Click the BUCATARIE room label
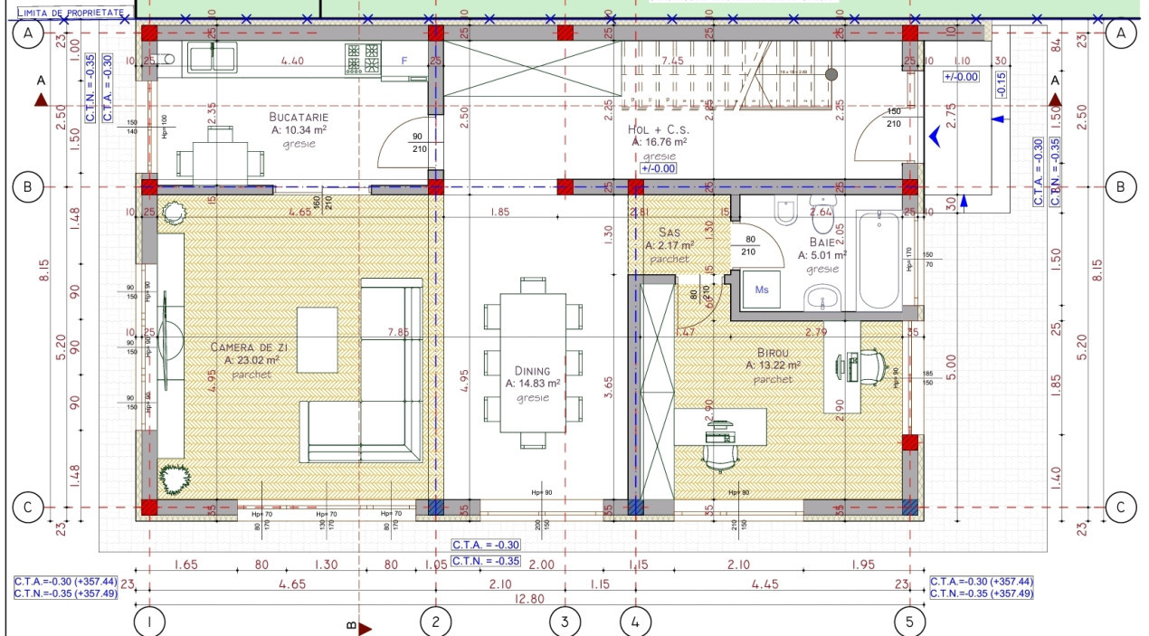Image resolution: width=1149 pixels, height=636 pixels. click(x=298, y=117)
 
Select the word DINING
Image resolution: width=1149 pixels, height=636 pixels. click(x=532, y=370)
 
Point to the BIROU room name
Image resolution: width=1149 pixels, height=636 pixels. click(x=773, y=353)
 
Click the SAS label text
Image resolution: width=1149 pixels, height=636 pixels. click(x=669, y=233)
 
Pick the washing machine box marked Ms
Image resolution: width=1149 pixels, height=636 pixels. click(x=762, y=290)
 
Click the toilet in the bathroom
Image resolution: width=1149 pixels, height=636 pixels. click(x=786, y=209)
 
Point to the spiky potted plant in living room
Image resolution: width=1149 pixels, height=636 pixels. click(x=172, y=477)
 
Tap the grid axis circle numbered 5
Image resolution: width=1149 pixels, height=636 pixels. click(x=908, y=622)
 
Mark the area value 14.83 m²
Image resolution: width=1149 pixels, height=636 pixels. click(x=533, y=384)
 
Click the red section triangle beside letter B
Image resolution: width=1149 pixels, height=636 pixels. click(x=366, y=626)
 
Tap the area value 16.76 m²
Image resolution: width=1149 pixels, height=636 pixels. click(x=660, y=142)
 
